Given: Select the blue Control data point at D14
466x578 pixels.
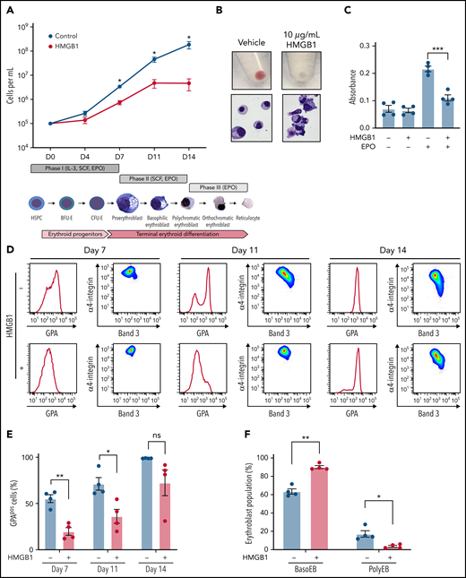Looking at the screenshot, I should (189, 44).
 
